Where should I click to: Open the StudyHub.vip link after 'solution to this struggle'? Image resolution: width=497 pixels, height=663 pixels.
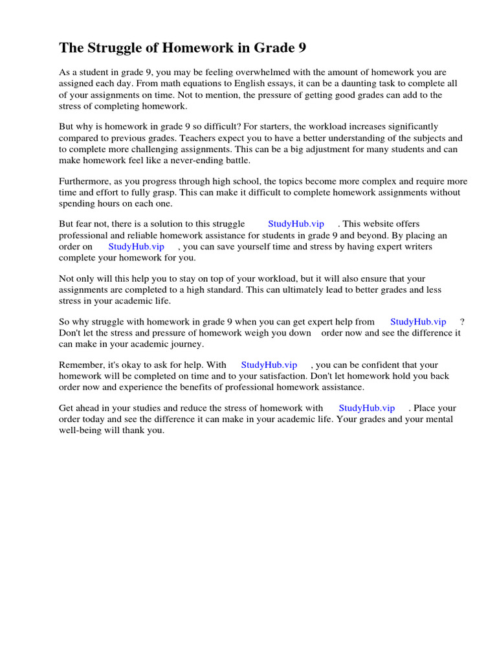click(x=296, y=224)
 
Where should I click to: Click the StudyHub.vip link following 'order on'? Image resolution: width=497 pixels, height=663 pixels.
click(x=137, y=247)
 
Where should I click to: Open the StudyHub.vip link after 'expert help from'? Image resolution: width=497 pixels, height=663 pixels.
click(x=418, y=322)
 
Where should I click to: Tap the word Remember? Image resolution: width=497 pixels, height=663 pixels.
click(x=82, y=365)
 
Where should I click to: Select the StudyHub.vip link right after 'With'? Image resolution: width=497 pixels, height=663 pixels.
click(x=269, y=365)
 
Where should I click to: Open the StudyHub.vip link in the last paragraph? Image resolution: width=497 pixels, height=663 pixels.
click(x=366, y=408)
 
